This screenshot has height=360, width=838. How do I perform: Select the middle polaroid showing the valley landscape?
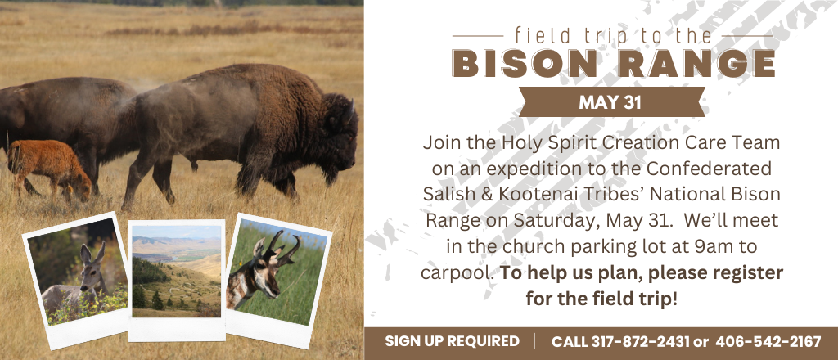(177, 279)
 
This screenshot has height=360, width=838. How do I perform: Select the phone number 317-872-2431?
(640, 342)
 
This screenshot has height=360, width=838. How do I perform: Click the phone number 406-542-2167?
(768, 342)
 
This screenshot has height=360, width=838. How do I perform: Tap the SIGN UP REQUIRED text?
(452, 341)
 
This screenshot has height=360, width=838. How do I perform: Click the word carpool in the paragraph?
(457, 273)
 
